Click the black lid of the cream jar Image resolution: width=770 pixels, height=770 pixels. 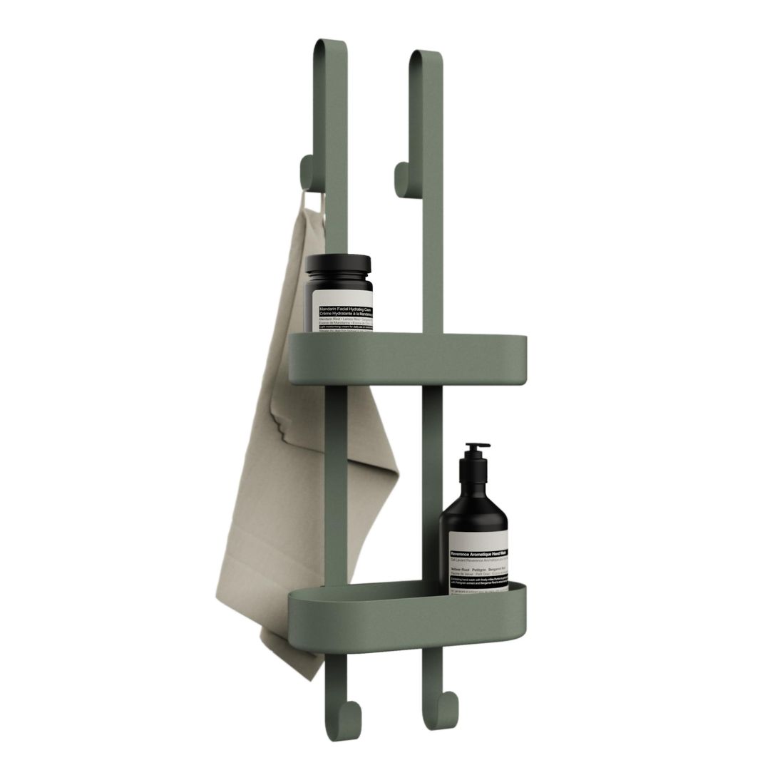click(338, 265)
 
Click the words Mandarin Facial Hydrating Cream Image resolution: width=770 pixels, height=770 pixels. click(341, 309)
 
